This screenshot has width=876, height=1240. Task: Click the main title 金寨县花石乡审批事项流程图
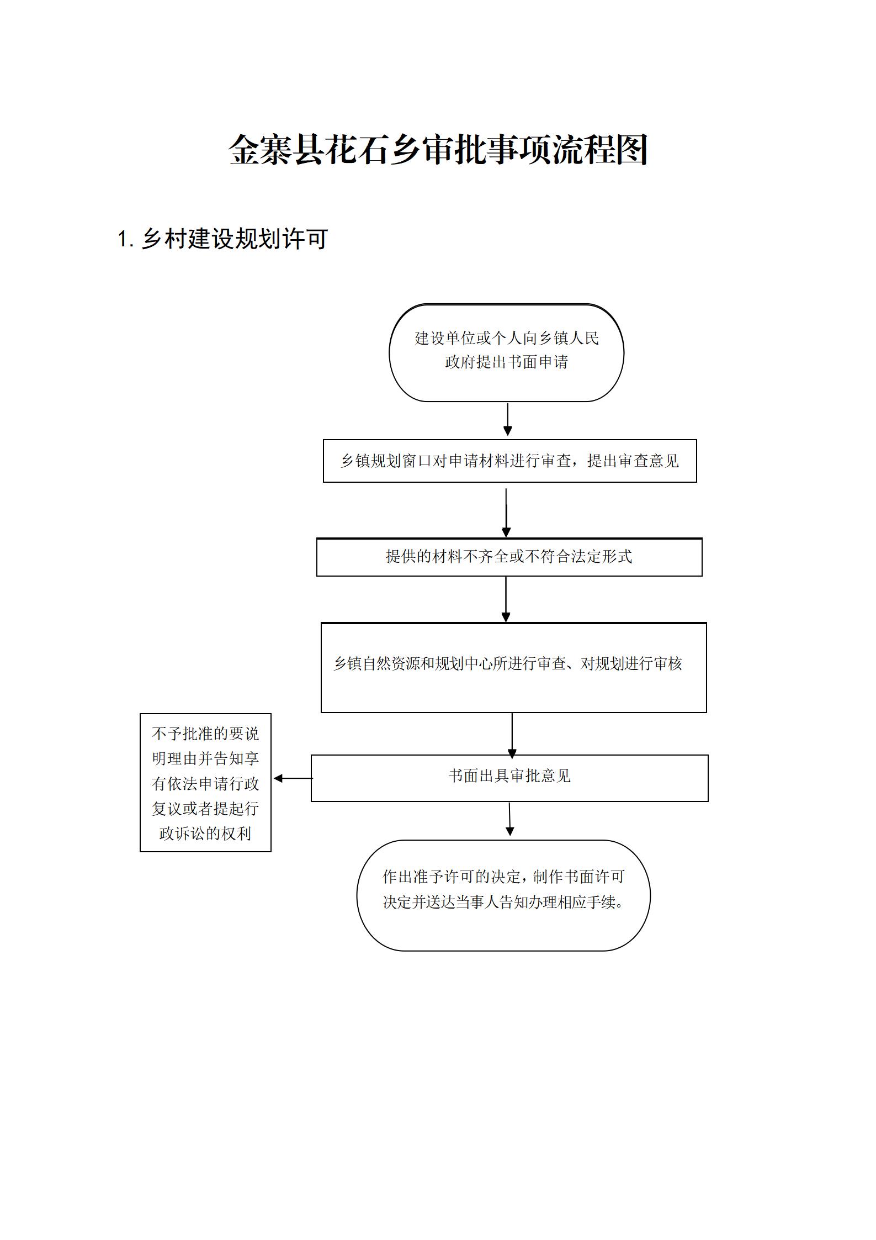click(x=438, y=150)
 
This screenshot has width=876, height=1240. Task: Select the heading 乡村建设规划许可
click(x=235, y=239)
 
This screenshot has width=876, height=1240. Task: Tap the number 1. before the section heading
click(x=126, y=240)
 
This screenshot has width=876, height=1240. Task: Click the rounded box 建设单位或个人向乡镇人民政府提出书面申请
click(x=507, y=353)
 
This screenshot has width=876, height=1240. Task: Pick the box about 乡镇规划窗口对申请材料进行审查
click(x=509, y=461)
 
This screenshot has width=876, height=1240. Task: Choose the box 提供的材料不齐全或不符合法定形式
click(x=509, y=557)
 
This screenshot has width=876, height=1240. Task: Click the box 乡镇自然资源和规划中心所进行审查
click(x=513, y=668)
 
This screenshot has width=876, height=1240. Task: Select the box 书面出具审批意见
click(x=509, y=778)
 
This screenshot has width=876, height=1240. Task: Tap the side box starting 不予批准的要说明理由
click(x=205, y=783)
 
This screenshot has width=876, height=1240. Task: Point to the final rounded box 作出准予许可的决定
click(x=503, y=896)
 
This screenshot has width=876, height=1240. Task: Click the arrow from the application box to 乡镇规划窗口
click(x=508, y=420)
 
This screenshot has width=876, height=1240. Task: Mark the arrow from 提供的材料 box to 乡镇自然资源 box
click(x=506, y=600)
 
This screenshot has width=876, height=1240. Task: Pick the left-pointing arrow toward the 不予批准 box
click(x=293, y=778)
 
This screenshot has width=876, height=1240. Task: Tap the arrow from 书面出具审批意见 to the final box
click(x=509, y=820)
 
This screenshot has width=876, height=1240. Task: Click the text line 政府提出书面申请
click(x=507, y=362)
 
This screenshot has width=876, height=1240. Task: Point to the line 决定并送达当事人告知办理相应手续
click(x=503, y=902)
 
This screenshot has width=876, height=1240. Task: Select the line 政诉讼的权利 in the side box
click(x=205, y=833)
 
